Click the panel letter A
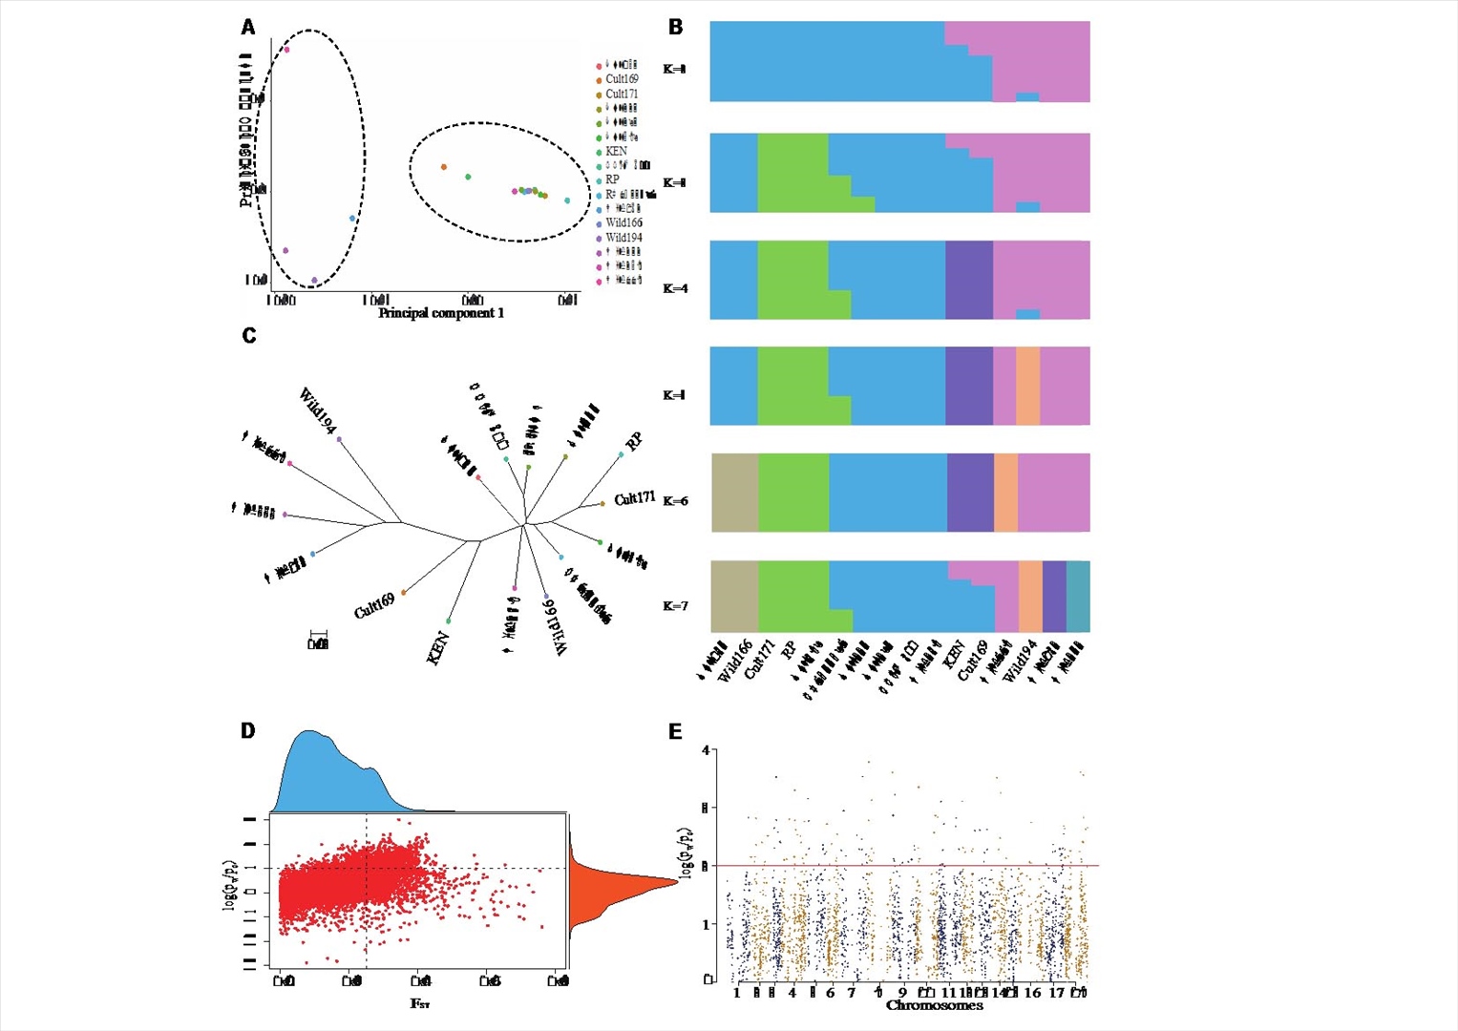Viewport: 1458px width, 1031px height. [248, 27]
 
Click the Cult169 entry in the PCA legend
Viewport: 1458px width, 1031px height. [622, 79]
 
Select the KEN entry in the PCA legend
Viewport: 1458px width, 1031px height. [616, 151]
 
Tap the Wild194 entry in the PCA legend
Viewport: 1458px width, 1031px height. [623, 238]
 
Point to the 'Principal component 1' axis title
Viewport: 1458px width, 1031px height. [441, 313]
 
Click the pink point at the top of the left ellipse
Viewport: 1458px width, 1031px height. [286, 50]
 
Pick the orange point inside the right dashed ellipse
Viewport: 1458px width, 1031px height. [444, 167]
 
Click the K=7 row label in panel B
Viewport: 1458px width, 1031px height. [675, 606]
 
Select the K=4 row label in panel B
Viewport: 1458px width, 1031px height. [675, 288]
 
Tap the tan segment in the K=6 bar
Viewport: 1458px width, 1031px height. [735, 493]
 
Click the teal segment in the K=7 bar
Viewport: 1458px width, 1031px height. [1078, 597]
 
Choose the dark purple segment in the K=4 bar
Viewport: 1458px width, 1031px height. [969, 280]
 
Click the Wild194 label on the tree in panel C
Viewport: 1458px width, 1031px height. [317, 410]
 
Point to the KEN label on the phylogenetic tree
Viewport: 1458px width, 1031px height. [438, 648]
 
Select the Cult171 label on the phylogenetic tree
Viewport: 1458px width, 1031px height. [635, 498]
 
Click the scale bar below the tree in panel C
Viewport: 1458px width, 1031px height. [318, 633]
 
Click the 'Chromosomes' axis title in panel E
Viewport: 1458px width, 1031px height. [934, 1005]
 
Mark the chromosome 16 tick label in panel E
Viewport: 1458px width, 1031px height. [1032, 993]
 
